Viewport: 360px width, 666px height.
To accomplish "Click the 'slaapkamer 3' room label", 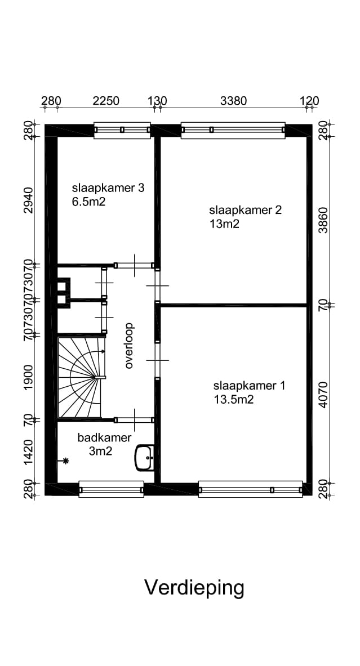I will (x=108, y=188).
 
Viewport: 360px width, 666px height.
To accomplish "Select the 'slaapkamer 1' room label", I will (x=249, y=386).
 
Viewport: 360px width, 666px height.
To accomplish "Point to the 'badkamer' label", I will (x=105, y=437).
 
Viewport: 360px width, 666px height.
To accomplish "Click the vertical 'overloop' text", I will (x=129, y=345).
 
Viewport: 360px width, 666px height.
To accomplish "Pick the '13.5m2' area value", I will (x=233, y=400).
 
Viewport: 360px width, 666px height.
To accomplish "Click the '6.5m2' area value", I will (x=88, y=202).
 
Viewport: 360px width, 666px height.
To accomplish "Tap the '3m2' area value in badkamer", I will (x=102, y=450).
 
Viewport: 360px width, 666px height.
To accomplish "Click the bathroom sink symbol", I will (x=145, y=457).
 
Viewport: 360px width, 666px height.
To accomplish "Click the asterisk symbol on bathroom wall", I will (x=66, y=462).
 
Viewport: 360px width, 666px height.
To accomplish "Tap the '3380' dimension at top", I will (x=233, y=101).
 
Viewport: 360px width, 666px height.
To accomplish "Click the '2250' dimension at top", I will (x=106, y=101).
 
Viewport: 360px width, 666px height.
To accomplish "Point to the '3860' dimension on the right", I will (x=323, y=220).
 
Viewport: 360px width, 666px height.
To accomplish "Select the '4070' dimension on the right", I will (x=323, y=394).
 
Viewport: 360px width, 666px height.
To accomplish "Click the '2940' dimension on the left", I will (x=29, y=200).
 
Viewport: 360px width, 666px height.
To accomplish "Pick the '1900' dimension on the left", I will (x=29, y=377).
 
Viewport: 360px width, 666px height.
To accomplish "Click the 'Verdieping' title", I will (x=194, y=588).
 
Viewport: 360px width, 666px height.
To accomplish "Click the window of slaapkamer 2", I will (x=233, y=130).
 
